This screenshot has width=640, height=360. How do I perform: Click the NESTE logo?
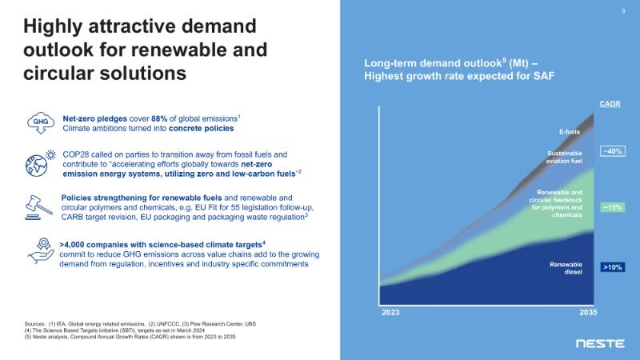coord(600,343)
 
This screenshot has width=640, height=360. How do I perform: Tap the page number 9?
coord(623,11)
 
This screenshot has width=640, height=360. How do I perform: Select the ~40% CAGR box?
coord(612,150)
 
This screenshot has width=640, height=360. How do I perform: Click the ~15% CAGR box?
coord(612,207)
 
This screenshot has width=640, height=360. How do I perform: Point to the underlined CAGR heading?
coord(610,105)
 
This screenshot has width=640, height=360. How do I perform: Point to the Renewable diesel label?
coord(566,268)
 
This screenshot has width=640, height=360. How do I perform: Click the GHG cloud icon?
coord(39,122)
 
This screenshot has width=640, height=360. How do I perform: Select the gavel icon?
coord(39,205)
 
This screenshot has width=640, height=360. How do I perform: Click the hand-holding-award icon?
coord(39,250)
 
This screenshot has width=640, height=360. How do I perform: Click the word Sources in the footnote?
coord(38,322)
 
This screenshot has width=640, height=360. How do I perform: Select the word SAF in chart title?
coord(545,75)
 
